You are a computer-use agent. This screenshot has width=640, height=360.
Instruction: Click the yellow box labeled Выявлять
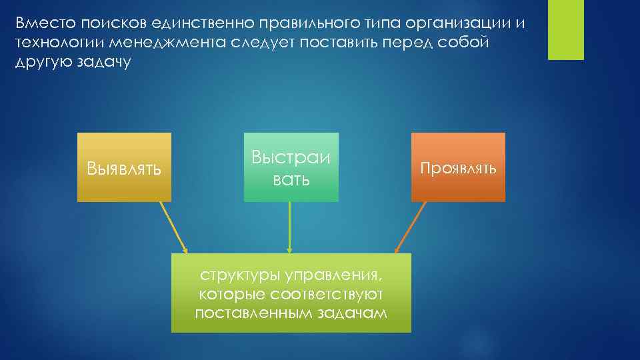(124, 167)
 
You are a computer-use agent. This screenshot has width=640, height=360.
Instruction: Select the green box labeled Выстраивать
(291, 167)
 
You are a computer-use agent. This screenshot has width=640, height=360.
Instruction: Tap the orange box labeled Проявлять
(458, 167)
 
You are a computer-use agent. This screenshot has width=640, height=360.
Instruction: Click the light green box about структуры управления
(291, 293)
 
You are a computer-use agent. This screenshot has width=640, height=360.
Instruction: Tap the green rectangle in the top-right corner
(565, 30)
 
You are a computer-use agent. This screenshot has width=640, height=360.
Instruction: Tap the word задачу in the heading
(108, 63)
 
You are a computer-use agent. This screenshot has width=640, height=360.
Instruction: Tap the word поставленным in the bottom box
(257, 313)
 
